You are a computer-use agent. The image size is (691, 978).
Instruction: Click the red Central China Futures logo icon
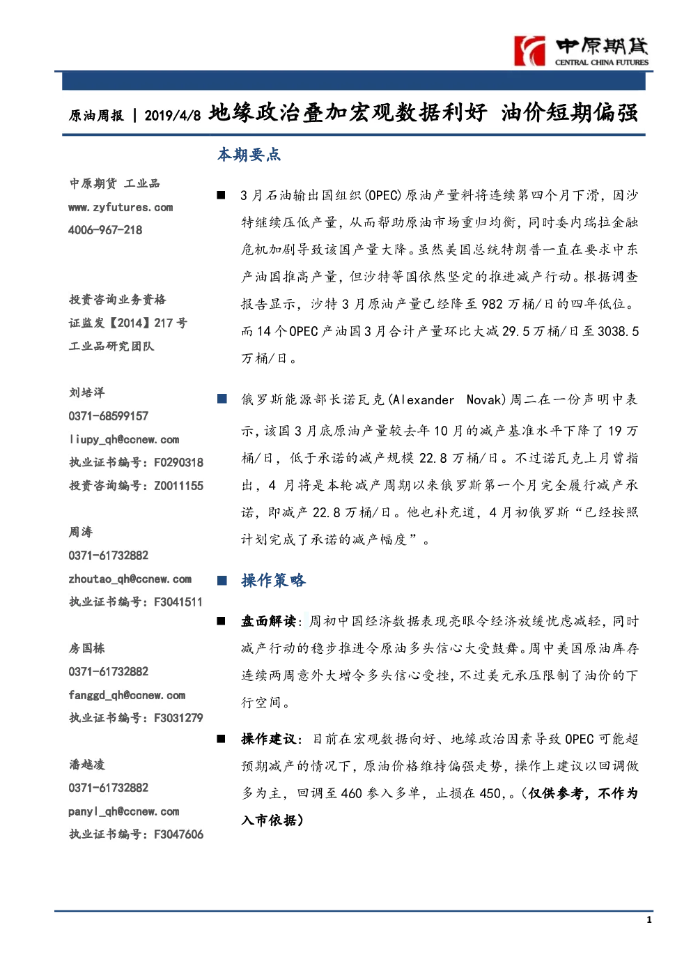[529, 51]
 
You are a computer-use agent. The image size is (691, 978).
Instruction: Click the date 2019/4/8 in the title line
[172, 115]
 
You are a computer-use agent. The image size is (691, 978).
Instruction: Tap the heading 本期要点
[249, 155]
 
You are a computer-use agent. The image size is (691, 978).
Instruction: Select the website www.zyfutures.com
[121, 208]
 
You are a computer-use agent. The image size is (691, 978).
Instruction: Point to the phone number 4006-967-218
[105, 230]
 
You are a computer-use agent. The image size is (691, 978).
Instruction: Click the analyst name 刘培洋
[87, 392]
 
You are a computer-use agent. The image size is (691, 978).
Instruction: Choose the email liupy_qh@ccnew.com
[123, 440]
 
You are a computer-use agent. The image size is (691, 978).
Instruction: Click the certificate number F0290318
[179, 462]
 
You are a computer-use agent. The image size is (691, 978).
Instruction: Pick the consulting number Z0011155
[179, 485]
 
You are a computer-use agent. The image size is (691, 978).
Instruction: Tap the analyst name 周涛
[81, 532]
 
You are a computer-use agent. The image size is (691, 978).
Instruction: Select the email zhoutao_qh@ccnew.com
[130, 579]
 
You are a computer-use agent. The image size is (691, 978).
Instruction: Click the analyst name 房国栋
[87, 648]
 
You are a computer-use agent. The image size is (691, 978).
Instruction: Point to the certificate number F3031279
[178, 718]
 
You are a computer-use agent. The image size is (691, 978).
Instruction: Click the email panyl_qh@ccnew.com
[123, 811]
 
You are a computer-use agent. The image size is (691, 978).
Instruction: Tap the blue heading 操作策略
[274, 580]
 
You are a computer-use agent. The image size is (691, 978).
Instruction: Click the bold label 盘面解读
[268, 621]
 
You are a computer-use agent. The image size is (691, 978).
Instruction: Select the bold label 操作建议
[268, 739]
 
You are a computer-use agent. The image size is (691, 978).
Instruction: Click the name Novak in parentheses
[484, 399]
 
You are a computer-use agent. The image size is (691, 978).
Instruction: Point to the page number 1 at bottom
[649, 920]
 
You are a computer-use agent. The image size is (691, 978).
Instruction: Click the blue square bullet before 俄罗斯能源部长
[222, 399]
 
